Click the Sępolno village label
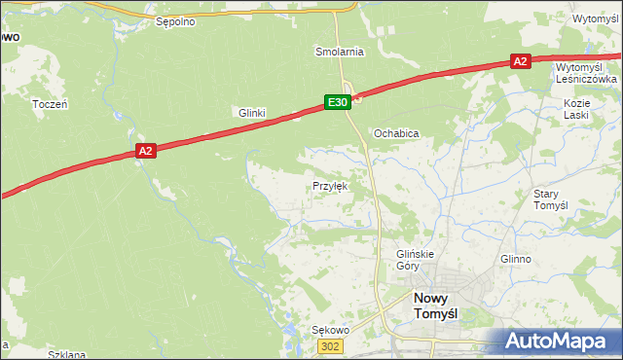(175, 19)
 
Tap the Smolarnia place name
(339, 51)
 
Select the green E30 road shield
(337, 101)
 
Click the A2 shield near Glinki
(145, 150)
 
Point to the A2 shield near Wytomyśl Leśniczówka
(520, 61)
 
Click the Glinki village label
(252, 113)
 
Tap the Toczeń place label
(49, 103)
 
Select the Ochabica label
(396, 132)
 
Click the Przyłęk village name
(330, 185)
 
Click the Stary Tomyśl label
(550, 199)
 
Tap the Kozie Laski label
(577, 108)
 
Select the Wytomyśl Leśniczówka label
(586, 73)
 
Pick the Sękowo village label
(329, 330)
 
